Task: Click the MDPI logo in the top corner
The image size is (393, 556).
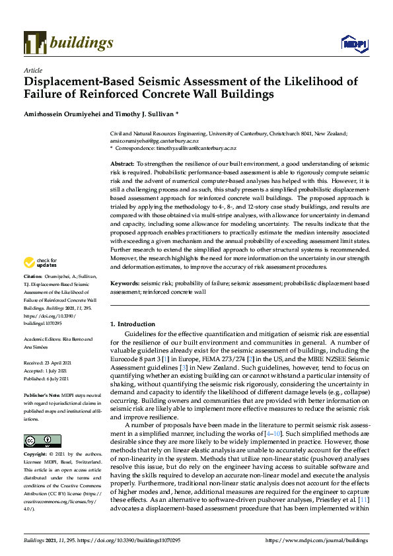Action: [353, 44]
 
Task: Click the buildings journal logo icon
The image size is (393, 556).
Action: [34, 43]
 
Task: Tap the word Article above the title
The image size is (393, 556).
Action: [32, 69]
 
